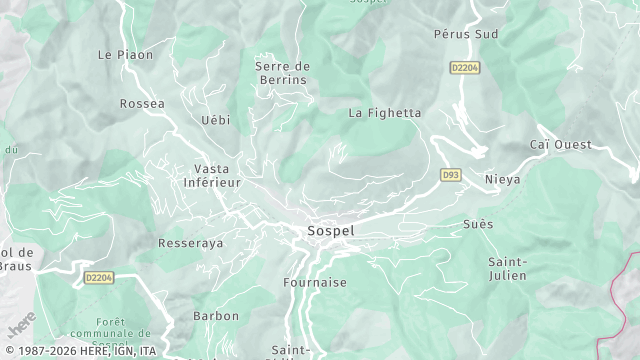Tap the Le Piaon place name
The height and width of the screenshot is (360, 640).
click(126, 55)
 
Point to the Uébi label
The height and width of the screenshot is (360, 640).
click(215, 120)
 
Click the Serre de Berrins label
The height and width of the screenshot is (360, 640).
click(282, 73)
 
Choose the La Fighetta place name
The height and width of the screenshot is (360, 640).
click(384, 113)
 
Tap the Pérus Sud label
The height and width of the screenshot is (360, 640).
click(466, 33)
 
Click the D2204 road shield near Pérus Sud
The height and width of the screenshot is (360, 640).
click(464, 68)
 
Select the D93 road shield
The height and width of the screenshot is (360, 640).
click(450, 175)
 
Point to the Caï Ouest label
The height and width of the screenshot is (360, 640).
click(560, 145)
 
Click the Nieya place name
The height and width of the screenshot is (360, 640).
click(502, 180)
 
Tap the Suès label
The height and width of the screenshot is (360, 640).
click(478, 224)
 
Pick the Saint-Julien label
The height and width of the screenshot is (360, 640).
click(508, 269)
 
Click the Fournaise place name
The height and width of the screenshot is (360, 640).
click(315, 283)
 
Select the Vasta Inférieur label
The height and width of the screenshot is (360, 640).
click(212, 176)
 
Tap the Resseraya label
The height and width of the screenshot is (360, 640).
click(190, 243)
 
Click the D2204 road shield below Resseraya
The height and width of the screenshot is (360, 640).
click(99, 278)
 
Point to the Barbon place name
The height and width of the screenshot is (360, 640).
click(216, 316)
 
